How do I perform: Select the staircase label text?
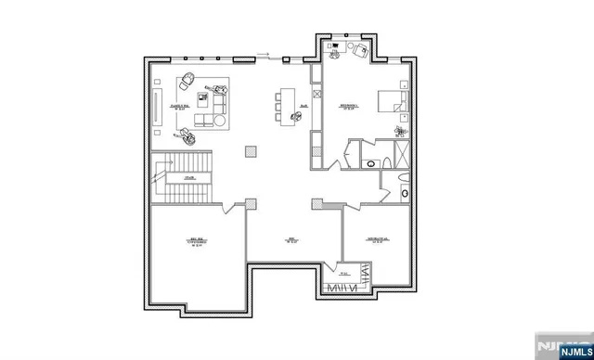(188, 177)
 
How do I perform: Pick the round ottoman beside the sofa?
(187, 136)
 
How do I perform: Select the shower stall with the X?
(403, 154)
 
